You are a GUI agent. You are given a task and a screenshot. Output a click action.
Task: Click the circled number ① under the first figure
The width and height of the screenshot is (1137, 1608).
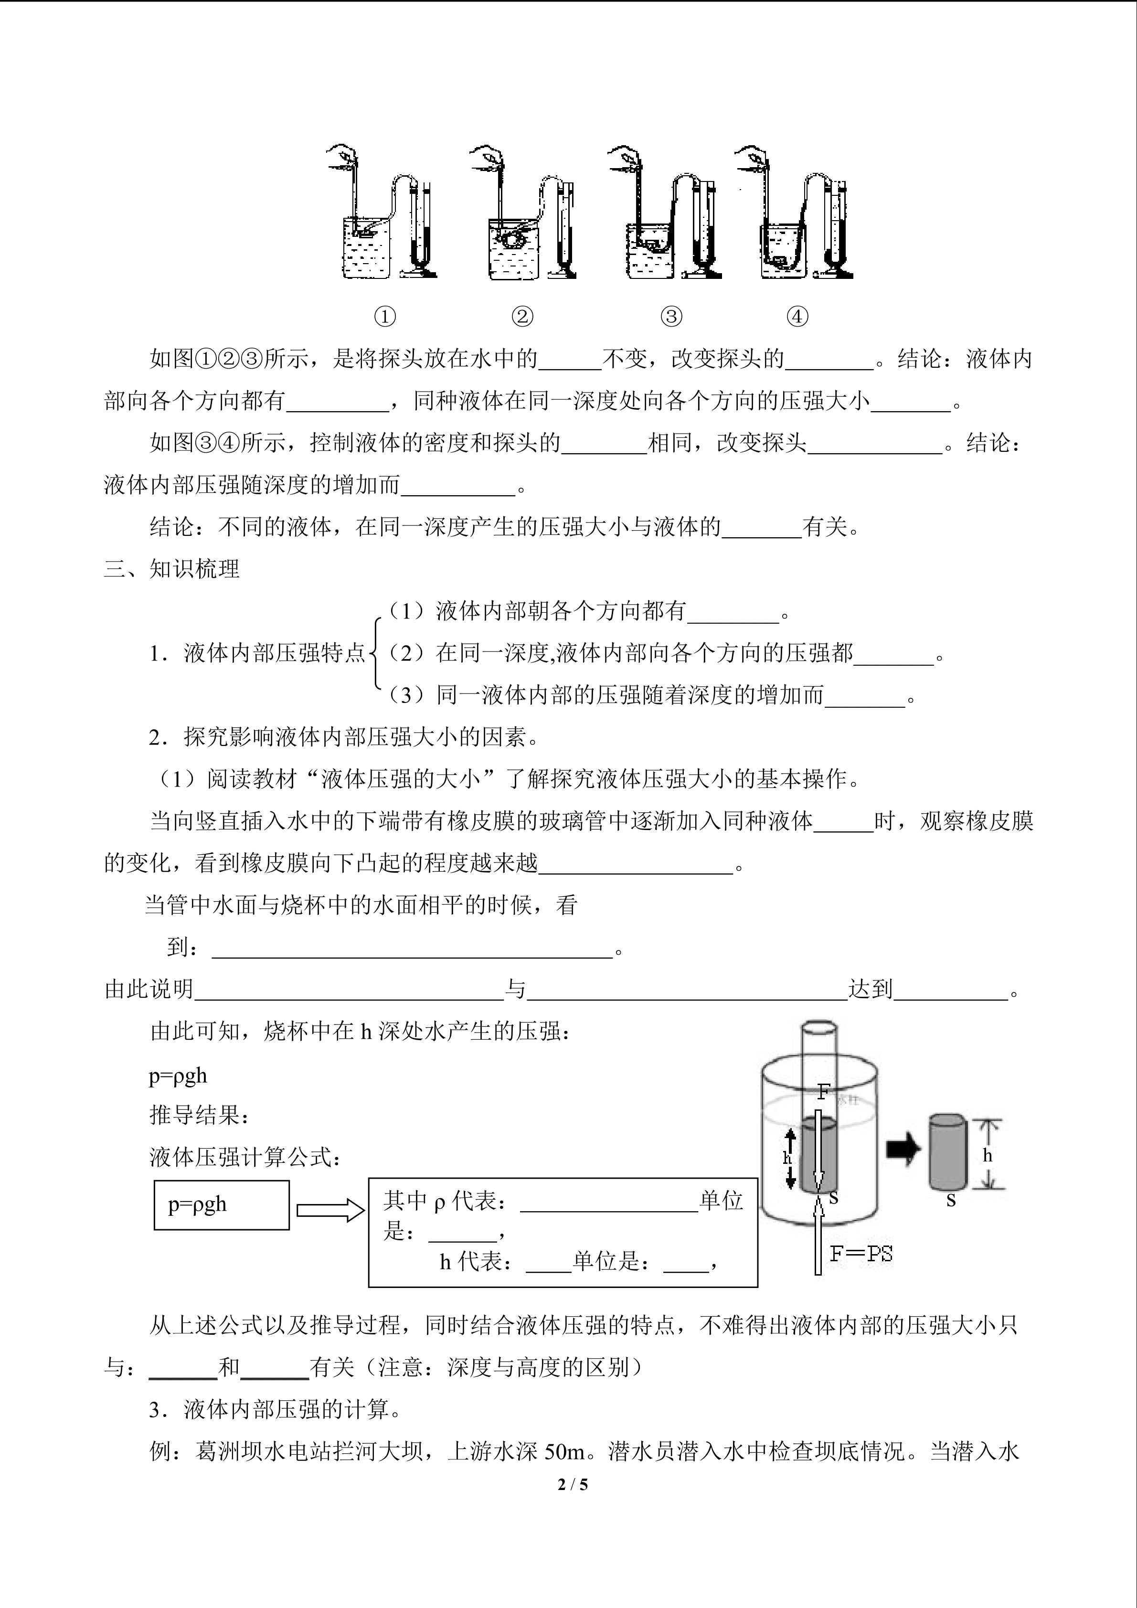(x=385, y=317)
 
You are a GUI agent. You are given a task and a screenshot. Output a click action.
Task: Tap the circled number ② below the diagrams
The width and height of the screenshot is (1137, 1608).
(x=522, y=317)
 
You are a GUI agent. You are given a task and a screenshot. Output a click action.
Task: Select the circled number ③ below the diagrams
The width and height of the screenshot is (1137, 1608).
(x=671, y=317)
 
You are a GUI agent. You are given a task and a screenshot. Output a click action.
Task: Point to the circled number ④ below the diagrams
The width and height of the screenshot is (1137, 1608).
(x=797, y=317)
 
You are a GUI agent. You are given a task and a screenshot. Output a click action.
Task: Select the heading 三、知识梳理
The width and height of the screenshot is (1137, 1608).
(x=172, y=569)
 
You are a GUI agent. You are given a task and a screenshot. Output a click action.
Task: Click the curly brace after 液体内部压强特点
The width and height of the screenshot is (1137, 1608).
(x=375, y=653)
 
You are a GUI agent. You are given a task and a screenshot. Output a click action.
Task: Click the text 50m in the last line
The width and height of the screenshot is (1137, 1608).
(x=563, y=1451)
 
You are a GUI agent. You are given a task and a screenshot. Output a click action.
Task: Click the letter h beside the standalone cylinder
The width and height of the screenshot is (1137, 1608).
(x=987, y=1155)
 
